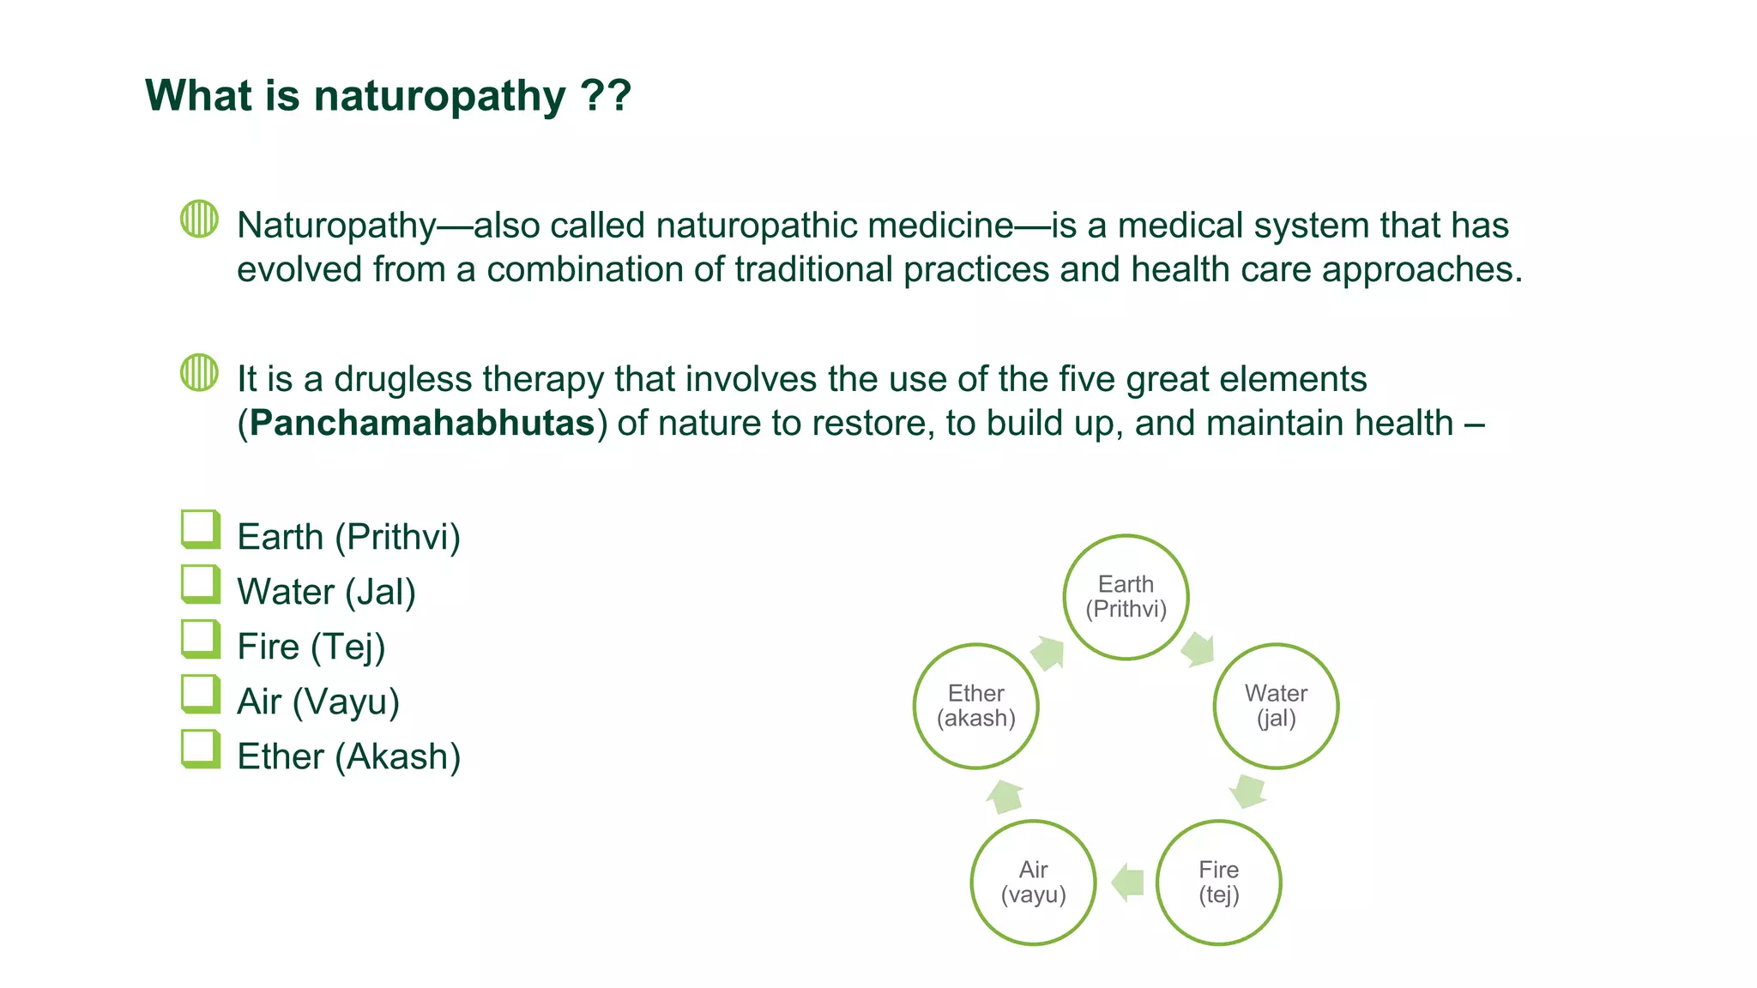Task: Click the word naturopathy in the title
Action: tap(439, 96)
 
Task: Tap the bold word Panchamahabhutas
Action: tap(422, 424)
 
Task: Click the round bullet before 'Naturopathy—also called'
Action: tap(199, 219)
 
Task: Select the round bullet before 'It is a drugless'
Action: tap(199, 372)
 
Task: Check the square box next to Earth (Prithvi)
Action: tap(200, 529)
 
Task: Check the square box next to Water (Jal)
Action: tap(200, 584)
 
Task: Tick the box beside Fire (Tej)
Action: tap(200, 639)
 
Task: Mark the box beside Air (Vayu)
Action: tap(200, 694)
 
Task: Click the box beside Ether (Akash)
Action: tap(200, 749)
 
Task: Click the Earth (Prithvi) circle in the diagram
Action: tap(1126, 597)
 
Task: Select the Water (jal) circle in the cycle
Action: tap(1276, 706)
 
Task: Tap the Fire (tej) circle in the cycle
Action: tap(1218, 883)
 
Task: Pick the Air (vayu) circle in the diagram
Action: tap(1033, 883)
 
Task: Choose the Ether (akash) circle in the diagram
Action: tap(975, 706)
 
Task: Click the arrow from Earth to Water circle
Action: tap(1198, 649)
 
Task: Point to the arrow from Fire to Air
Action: tap(1127, 883)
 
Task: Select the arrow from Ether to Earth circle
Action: tap(1048, 654)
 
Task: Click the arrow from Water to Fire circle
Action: tap(1247, 791)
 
